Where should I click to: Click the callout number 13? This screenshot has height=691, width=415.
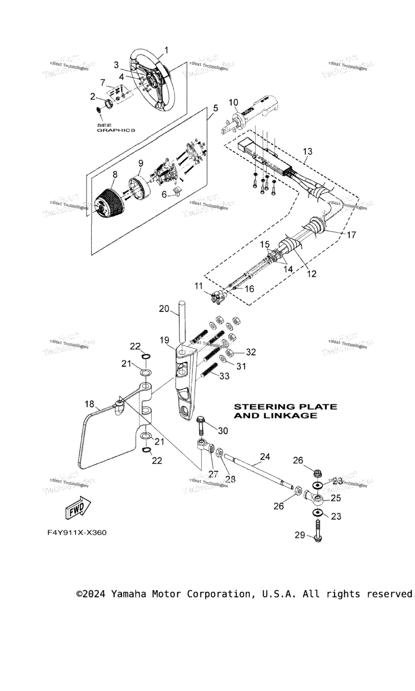[x=307, y=152]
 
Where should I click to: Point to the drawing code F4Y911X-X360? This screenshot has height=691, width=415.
[x=77, y=533]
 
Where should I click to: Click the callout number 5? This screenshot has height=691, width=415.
[x=215, y=108]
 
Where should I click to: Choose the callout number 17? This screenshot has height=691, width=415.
[x=352, y=235]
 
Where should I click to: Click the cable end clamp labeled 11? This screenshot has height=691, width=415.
[x=218, y=296]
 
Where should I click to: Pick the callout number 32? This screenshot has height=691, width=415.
[x=251, y=353]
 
